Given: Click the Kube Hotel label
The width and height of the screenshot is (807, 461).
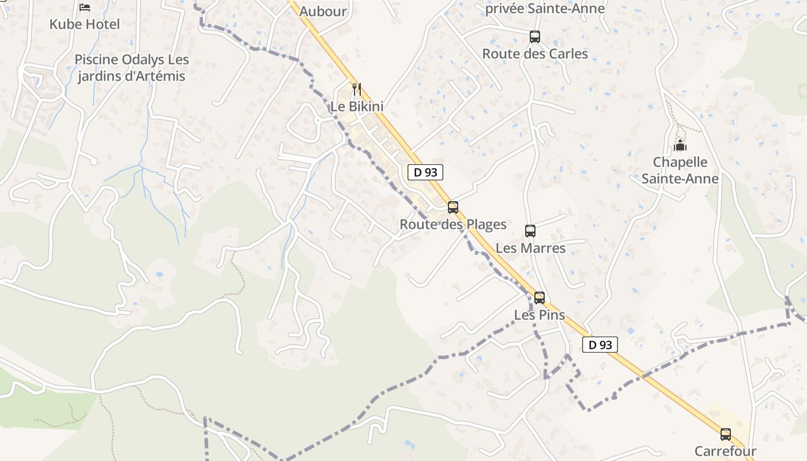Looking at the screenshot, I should [85, 24].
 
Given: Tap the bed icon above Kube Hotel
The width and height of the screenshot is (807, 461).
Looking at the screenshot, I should [85, 7].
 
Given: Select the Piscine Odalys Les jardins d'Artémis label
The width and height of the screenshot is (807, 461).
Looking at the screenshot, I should [131, 68].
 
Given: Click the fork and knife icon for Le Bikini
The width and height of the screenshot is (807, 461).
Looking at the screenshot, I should [357, 89].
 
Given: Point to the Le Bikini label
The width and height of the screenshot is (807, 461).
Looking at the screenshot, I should [357, 107].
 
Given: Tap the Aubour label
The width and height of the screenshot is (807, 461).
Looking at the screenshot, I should [323, 11].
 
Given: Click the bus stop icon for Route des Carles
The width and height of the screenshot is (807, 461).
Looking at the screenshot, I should [535, 37].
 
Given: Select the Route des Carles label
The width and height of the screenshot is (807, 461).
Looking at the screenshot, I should [535, 54].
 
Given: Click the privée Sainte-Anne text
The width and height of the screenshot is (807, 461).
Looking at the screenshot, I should [545, 9].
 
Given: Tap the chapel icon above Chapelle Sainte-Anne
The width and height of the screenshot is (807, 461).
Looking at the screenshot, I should [680, 145].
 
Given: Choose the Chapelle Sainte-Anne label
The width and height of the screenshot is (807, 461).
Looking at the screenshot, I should [680, 170].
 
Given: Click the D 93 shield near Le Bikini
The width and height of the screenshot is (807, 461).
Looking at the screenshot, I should [425, 172].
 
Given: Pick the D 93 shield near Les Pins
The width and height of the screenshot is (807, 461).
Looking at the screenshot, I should [600, 345].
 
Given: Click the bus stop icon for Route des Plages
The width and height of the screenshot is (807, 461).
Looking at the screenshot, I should [453, 207].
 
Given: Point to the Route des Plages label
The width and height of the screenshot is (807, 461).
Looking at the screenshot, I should [453, 224].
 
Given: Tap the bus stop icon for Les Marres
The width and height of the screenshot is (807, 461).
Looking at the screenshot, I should [530, 231].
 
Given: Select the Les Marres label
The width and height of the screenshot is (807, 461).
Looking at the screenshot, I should [530, 248].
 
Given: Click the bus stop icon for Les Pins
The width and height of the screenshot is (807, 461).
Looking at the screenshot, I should [540, 298].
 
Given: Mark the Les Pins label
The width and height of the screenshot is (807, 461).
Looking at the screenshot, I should [540, 315].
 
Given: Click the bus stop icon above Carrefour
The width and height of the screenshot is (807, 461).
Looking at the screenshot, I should [725, 434].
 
